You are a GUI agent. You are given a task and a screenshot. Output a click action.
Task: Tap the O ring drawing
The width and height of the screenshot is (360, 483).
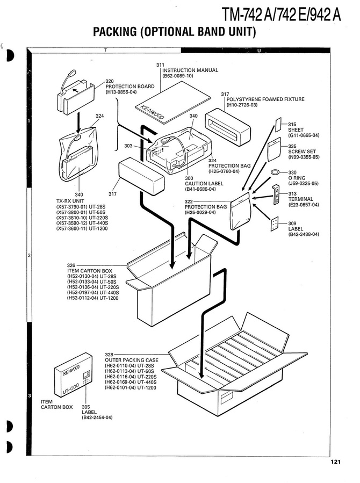tap(275, 172)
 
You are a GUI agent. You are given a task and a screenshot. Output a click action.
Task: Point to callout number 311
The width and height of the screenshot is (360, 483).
tap(160, 65)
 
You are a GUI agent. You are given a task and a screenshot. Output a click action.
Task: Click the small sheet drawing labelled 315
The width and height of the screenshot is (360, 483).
tap(279, 124)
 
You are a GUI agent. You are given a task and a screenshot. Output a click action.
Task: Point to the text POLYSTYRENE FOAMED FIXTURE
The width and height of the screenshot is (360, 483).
tap(265, 99)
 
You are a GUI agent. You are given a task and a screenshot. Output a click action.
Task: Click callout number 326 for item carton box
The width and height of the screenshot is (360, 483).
tap(71, 265)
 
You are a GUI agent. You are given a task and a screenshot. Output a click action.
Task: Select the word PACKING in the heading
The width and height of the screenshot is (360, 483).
tap(114, 32)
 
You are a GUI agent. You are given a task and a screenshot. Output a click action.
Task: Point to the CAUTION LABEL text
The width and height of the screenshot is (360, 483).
tap(201, 184)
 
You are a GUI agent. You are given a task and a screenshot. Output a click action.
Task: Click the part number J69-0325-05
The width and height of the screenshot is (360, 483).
tap(304, 183)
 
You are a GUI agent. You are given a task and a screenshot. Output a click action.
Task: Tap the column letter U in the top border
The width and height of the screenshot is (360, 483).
tap(259, 51)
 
